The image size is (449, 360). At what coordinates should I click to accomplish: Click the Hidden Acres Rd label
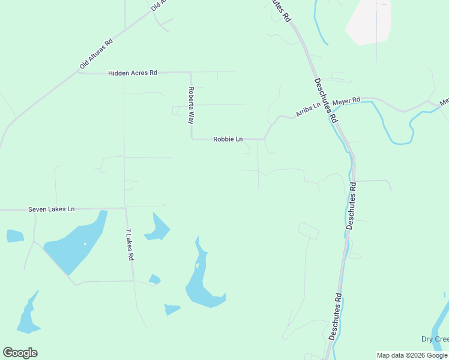pyautogui.click(x=133, y=73)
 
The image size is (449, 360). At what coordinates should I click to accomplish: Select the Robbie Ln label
pyautogui.click(x=228, y=139)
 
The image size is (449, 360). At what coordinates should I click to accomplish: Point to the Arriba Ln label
pyautogui.click(x=308, y=109)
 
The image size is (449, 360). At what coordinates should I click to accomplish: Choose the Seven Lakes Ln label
pyautogui.click(x=51, y=209)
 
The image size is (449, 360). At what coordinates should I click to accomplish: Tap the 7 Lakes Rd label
pyautogui.click(x=129, y=244)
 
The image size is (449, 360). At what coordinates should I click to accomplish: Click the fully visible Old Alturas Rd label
pyautogui.click(x=96, y=55)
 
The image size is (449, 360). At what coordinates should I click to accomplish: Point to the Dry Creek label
pyautogui.click(x=433, y=339)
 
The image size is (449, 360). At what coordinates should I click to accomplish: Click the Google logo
pyautogui.click(x=20, y=353)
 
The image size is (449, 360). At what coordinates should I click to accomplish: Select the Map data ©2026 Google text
pyautogui.click(x=412, y=355)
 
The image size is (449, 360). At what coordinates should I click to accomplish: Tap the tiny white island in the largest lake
pyautogui.click(x=85, y=244)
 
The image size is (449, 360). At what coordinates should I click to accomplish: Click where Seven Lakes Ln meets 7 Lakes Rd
pyautogui.click(x=125, y=209)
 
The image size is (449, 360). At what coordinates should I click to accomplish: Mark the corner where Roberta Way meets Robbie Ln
pyautogui.click(x=192, y=139)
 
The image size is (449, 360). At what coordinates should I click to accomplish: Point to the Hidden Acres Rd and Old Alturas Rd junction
pyautogui.click(x=78, y=73)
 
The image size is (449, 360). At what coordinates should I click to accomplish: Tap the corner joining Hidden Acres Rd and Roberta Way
pyautogui.click(x=190, y=73)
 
